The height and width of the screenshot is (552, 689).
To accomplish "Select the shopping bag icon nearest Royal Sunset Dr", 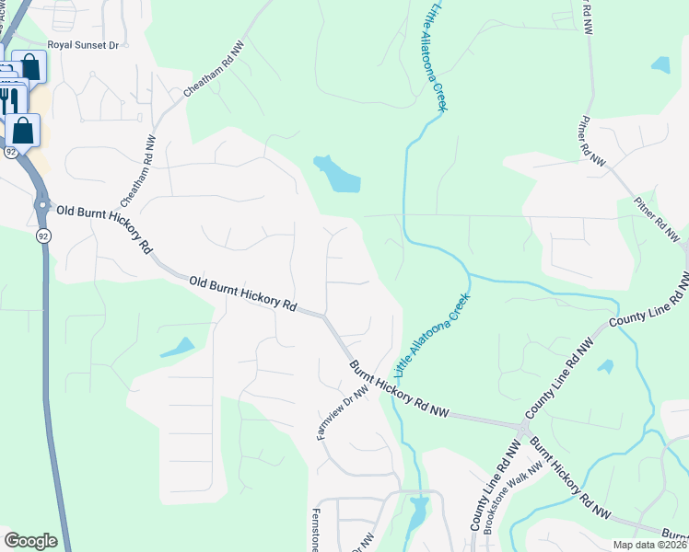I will click(x=30, y=66).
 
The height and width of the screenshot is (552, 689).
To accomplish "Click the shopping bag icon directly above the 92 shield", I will click(x=23, y=130).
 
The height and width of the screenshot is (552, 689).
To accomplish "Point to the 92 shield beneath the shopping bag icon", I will click(x=10, y=151).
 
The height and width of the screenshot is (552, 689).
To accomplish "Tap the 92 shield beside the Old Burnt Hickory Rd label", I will click(x=43, y=236).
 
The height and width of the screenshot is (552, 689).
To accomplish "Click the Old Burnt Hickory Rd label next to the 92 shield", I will click(x=103, y=229).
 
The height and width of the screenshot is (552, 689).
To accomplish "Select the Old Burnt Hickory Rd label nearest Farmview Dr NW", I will click(x=245, y=293).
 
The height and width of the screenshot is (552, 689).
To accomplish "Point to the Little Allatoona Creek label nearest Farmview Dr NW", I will click(x=432, y=336).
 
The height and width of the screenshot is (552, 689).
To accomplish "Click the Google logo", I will click(x=30, y=541).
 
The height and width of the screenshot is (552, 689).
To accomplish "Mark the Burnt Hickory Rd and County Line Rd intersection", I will click(x=523, y=429).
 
